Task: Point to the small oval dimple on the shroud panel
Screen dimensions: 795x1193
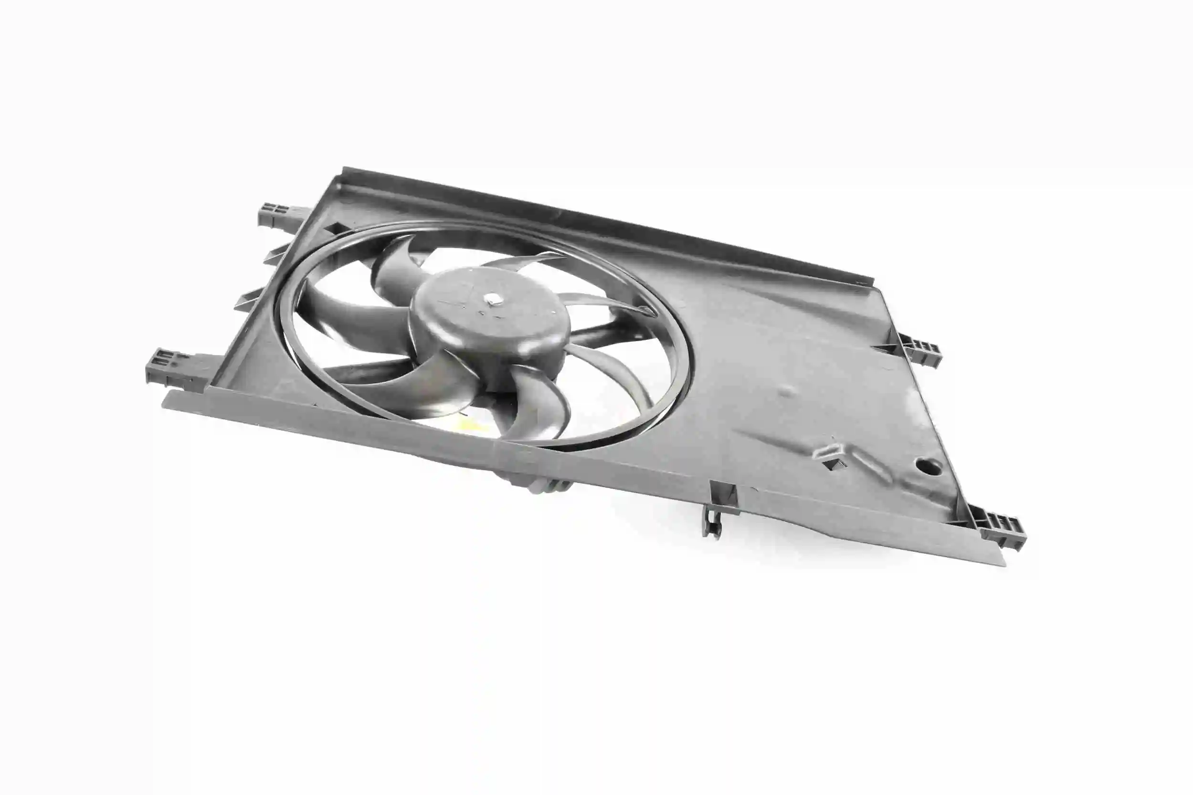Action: click(788, 390)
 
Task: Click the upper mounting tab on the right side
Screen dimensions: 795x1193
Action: click(920, 350)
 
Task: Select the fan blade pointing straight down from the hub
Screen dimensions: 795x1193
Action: click(538, 400)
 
